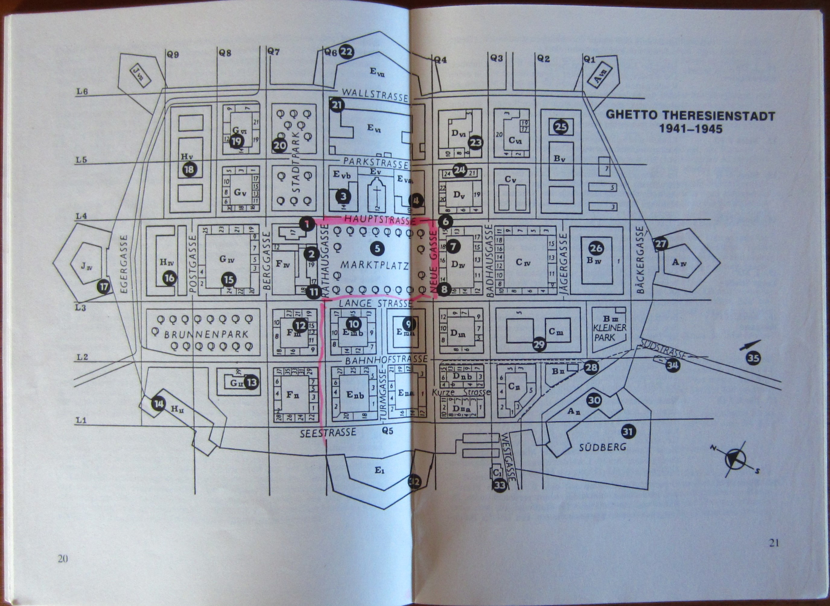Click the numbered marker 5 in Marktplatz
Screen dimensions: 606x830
[x=377, y=248]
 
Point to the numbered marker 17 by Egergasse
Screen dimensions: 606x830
[x=104, y=286]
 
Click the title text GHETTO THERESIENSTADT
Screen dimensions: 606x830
[x=690, y=116]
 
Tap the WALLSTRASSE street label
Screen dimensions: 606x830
[x=375, y=95]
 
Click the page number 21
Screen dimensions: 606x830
[x=774, y=543]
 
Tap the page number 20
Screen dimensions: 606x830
[x=63, y=569]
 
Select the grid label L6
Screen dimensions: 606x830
[x=82, y=91]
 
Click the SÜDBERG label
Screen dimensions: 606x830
[x=603, y=447]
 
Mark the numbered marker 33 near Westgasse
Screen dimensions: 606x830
[x=500, y=485]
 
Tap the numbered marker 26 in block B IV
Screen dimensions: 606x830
[x=596, y=248]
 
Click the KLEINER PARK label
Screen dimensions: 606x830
[x=609, y=332]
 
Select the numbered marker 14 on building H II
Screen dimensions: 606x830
[x=158, y=404]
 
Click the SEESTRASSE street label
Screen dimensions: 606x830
[x=328, y=433]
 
